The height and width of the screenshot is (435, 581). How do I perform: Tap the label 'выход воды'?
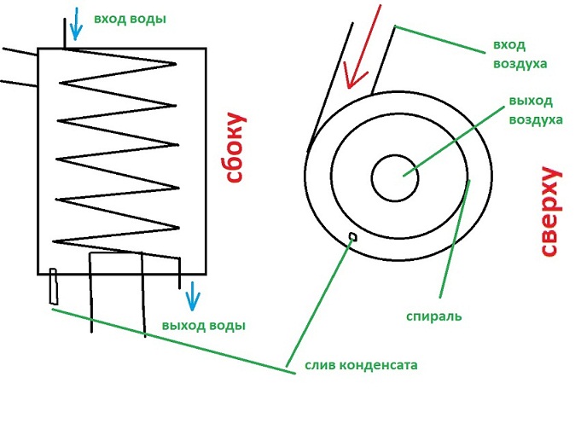[x=203, y=325]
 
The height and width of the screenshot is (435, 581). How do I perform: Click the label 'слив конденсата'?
[x=361, y=367]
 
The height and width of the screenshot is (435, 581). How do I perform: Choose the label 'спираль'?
[x=434, y=316]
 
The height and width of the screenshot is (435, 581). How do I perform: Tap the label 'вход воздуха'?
[x=520, y=54]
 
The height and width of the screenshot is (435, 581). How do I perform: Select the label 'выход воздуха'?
[x=535, y=110]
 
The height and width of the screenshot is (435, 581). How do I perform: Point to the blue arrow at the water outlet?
[x=194, y=297]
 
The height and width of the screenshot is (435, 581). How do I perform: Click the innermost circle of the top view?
[x=395, y=177]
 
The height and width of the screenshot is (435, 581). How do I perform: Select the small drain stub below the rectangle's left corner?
[x=54, y=287]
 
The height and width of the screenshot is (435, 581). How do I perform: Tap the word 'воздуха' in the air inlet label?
[x=520, y=63]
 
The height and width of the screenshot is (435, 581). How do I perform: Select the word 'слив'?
[x=318, y=367]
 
